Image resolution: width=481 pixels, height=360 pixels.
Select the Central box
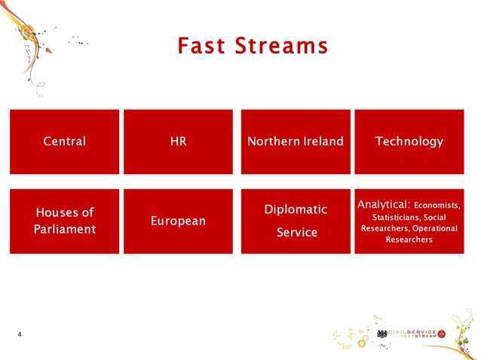(64, 142)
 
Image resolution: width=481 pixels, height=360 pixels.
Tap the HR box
(179, 142)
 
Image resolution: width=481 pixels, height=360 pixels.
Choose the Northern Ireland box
(296, 142)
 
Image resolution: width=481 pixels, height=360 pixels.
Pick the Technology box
(409, 142)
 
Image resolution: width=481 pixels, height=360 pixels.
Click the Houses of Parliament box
(64, 221)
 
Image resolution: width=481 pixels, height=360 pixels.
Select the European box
(179, 221)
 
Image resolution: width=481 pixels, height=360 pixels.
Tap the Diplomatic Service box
(296, 221)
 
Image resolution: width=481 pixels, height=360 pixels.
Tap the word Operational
(434, 228)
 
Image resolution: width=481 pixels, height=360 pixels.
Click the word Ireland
(320, 142)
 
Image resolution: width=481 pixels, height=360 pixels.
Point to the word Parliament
(64, 229)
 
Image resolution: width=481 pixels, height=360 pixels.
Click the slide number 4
(20, 334)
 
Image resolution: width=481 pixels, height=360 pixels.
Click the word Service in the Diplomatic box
(296, 233)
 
